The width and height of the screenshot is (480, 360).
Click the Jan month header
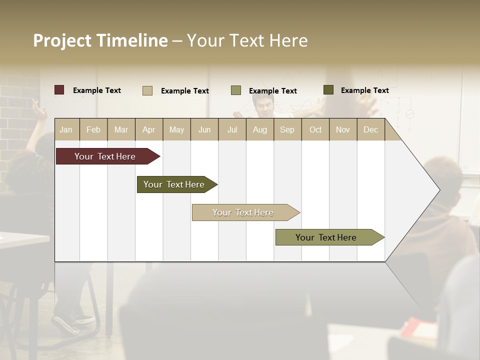pos(66,129)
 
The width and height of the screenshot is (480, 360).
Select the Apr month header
pos(148,129)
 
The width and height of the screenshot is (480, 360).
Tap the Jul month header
pos(232,129)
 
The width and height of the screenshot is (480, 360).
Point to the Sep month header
pos(287,129)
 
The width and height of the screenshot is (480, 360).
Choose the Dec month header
pos(370,129)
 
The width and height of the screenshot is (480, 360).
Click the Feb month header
pos(93,129)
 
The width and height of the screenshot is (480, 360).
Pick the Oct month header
pos(315,129)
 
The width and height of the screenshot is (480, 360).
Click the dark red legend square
pos(59,90)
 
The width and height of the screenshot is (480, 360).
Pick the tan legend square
pos(147,90)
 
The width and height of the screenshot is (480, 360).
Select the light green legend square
pos(236,90)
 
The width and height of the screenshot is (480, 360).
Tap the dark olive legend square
pos(328,90)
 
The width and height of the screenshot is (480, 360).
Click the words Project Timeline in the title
pos(100,40)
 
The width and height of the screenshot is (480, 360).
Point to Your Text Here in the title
pos(247,40)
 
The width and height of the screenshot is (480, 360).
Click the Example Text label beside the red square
pos(97,90)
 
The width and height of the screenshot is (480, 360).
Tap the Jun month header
pos(204,129)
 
